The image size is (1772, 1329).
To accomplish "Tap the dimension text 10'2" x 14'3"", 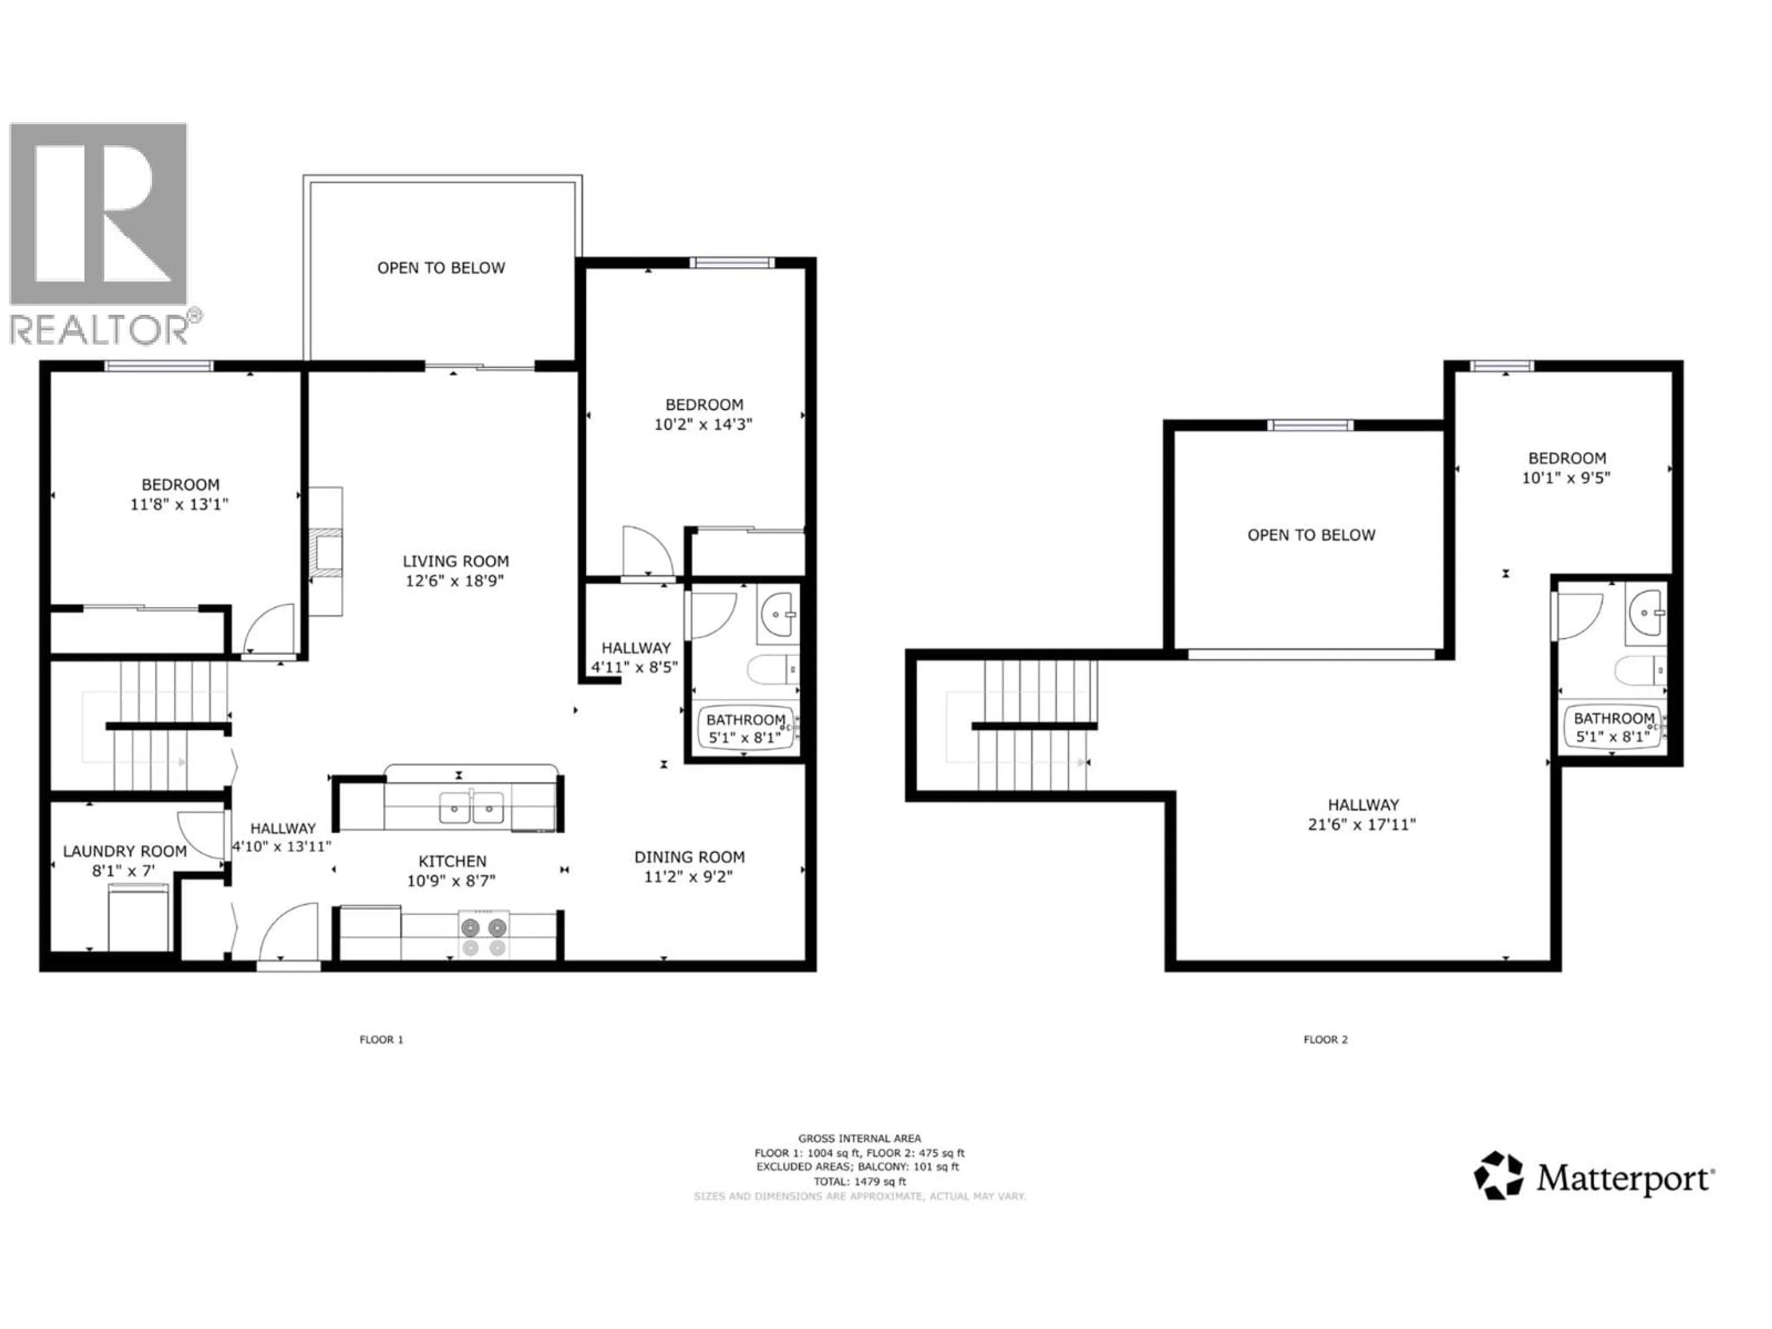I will pos(702,425).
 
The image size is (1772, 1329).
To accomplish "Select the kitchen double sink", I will pos(472,808).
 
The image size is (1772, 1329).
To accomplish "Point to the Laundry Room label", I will pos(125,851).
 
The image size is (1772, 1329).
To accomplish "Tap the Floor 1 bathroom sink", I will pos(777,615).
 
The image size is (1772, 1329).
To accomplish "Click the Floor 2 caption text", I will pos(1325,1040).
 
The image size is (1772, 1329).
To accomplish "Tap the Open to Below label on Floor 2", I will pos(1311,535).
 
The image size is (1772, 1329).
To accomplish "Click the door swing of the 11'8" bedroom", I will pos(269,629).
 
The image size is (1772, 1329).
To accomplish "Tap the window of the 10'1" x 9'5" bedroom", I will pos(1502,366).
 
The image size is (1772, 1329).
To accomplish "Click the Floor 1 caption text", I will pos(381,1040).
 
